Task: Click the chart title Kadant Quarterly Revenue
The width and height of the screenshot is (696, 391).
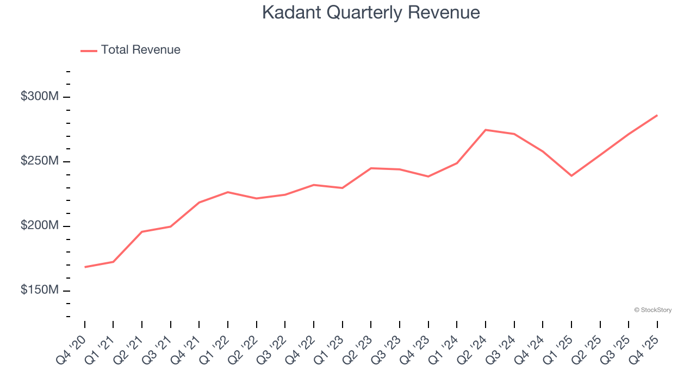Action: click(371, 12)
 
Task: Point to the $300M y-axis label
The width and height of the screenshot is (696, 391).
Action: click(40, 97)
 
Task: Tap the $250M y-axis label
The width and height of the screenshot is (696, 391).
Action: click(40, 161)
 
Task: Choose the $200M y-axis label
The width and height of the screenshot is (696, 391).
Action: click(40, 226)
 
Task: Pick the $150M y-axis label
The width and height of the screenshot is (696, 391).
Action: click(40, 291)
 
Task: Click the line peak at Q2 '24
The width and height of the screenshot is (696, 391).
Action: click(486, 130)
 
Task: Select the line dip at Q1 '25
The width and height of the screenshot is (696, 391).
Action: click(571, 175)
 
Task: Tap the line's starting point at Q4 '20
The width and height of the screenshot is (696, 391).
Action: click(85, 267)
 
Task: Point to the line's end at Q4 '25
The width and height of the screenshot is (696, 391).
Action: click(657, 115)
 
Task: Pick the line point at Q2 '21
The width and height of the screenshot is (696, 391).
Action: click(142, 232)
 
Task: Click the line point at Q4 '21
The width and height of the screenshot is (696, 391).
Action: click(199, 203)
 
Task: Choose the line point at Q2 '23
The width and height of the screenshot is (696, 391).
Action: click(371, 168)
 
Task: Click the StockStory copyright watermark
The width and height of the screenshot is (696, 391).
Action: click(652, 310)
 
